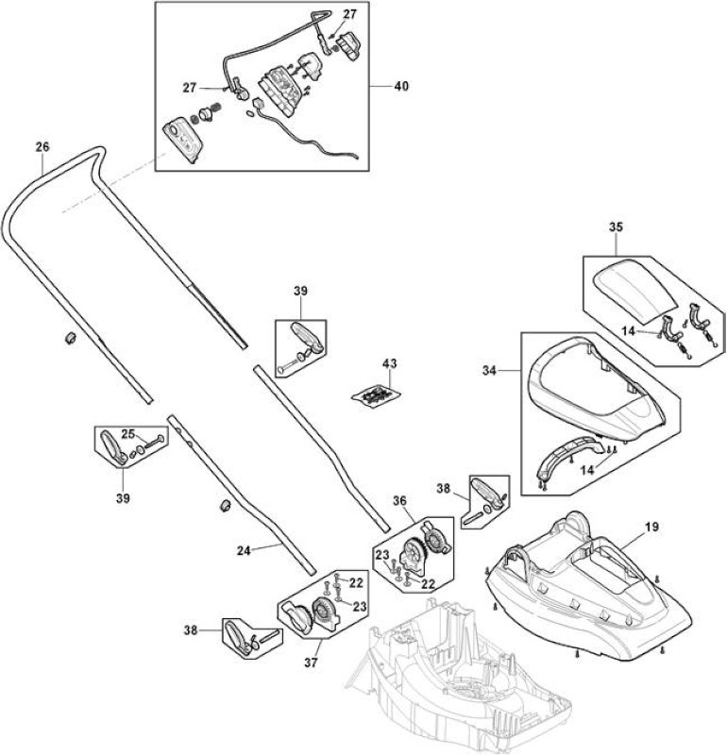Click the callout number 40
(x=401, y=86)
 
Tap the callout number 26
(x=42, y=147)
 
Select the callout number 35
(x=616, y=226)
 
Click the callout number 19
(x=651, y=527)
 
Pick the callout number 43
(x=389, y=363)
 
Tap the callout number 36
(x=399, y=501)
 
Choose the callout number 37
(x=311, y=663)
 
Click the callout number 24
(x=244, y=550)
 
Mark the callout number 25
(x=127, y=434)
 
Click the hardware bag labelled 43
(x=376, y=396)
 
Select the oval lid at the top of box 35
(x=634, y=290)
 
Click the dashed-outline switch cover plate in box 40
(x=182, y=142)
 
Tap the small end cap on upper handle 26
(x=70, y=337)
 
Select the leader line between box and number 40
(x=380, y=86)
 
